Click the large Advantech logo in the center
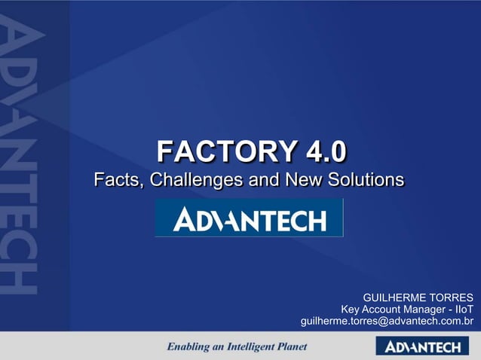click(x=249, y=218)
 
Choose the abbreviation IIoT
click(x=461, y=308)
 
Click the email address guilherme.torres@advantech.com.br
click(x=387, y=322)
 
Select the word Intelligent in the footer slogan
click(x=246, y=347)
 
